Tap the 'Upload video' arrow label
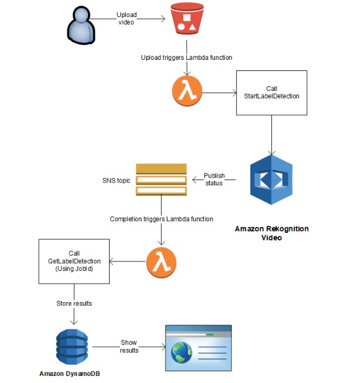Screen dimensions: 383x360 (x=127, y=18)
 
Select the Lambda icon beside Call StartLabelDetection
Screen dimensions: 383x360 (x=187, y=92)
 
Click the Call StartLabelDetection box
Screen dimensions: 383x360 (x=271, y=92)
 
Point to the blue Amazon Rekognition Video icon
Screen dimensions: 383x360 (x=271, y=179)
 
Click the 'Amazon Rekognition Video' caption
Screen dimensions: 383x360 (x=271, y=233)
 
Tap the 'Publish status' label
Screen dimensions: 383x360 (x=214, y=179)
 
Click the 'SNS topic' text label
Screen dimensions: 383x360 (x=116, y=180)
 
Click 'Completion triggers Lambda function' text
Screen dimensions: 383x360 (x=161, y=219)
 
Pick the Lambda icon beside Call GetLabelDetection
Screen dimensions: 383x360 (x=161, y=262)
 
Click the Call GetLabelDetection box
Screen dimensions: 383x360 (x=74, y=262)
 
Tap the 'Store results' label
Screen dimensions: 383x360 (x=74, y=303)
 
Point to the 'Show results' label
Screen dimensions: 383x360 (x=129, y=346)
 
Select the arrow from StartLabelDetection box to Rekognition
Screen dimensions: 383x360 (x=271, y=134)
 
